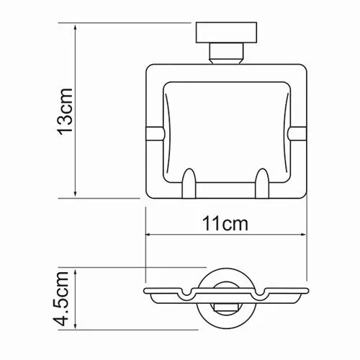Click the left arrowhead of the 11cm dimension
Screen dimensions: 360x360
149,234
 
